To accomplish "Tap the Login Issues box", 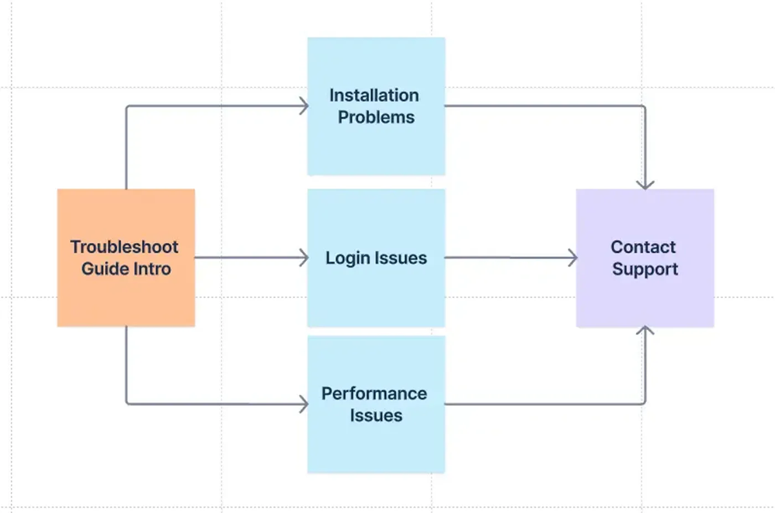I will click(x=376, y=295).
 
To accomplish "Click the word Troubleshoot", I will click(x=124, y=248).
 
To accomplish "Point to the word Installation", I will click(x=374, y=95).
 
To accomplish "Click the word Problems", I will click(x=376, y=117).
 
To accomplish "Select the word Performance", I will click(x=374, y=393).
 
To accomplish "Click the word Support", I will click(x=645, y=269).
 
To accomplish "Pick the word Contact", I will click(x=643, y=248).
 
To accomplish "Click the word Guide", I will click(x=103, y=269).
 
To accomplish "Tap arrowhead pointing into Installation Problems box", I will click(x=304, y=106).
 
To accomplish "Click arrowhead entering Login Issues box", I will click(x=304, y=258).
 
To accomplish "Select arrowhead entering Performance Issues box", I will click(x=304, y=404).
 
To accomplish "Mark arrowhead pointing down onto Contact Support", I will click(x=645, y=185).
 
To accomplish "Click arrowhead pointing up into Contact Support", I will click(x=645, y=331).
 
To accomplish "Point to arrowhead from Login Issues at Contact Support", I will click(x=572, y=258).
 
